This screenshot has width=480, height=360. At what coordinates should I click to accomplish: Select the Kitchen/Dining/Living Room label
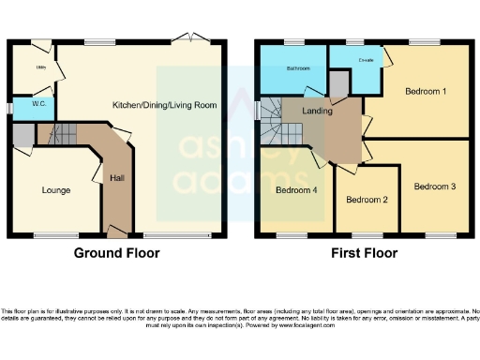[x=165, y=105]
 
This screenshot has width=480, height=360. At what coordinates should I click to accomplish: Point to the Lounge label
[x=56, y=190]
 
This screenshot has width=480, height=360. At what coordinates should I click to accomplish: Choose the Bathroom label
[x=298, y=68]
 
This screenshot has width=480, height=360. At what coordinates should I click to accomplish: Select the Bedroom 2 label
[x=367, y=200]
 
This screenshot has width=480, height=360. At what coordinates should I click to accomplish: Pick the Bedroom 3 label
[x=435, y=187]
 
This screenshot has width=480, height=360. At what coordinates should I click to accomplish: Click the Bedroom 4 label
[x=296, y=191]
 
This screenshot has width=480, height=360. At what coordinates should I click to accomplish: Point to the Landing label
[x=318, y=110]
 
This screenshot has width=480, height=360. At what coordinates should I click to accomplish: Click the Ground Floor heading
[x=116, y=253]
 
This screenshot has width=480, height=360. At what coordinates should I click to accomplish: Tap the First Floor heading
[x=364, y=253]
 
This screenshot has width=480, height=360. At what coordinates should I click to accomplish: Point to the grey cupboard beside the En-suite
[x=338, y=85]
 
